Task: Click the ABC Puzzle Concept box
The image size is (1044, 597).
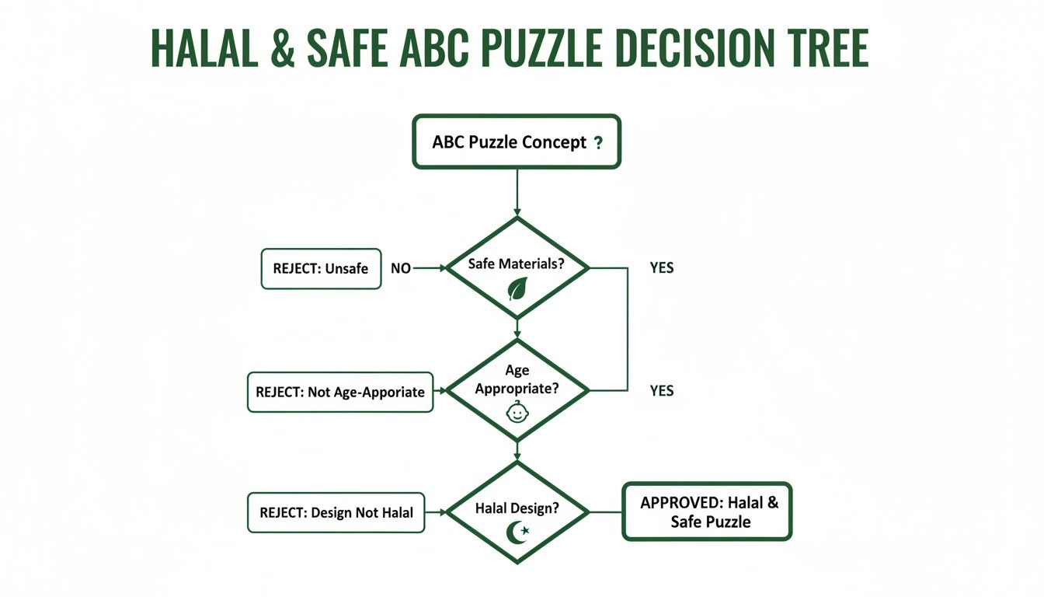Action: [517, 142]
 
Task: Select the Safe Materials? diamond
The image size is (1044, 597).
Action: [517, 268]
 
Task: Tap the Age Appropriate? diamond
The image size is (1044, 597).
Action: [517, 389]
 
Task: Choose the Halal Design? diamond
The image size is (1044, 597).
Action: [517, 511]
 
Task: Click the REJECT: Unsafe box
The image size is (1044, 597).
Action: [321, 268]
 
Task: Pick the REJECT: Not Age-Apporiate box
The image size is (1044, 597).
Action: [340, 392]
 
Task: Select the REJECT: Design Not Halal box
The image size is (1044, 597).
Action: [336, 512]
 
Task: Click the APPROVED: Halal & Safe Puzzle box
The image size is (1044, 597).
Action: [707, 511]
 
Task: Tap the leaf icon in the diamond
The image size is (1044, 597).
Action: [517, 288]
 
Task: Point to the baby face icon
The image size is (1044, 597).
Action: [517, 412]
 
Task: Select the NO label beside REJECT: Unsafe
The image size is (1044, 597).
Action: [401, 268]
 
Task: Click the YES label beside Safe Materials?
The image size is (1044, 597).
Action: [661, 268]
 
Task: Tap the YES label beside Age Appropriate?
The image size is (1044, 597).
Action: [661, 391]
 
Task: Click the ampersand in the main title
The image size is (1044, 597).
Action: [284, 48]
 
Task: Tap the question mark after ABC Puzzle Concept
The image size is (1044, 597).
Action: [597, 143]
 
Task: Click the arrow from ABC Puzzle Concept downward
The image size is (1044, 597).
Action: [517, 191]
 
